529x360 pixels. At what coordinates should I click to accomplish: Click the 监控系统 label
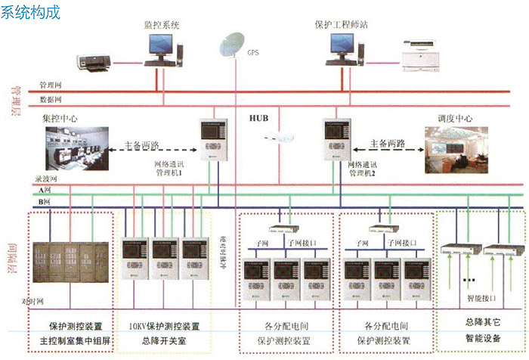tap(162, 24)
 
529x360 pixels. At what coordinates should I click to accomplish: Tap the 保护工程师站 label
tap(341, 24)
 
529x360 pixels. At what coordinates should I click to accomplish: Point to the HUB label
tap(259, 119)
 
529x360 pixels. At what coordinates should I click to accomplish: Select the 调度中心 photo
tap(456, 148)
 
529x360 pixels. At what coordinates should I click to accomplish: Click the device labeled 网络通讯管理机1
tap(213, 138)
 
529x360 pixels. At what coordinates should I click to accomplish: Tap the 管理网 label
tap(51, 85)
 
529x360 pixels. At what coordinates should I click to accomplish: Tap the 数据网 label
tap(51, 99)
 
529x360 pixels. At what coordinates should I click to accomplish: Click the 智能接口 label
tap(477, 299)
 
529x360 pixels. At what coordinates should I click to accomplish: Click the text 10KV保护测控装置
tap(164, 327)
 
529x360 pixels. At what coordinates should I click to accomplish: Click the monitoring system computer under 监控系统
tap(161, 49)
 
